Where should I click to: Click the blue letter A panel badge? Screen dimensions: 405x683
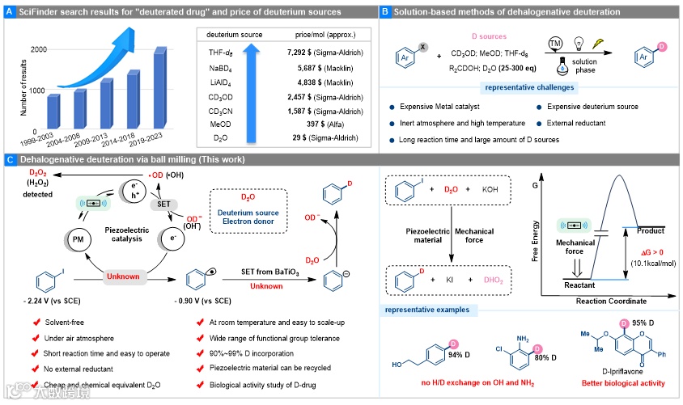9,12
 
